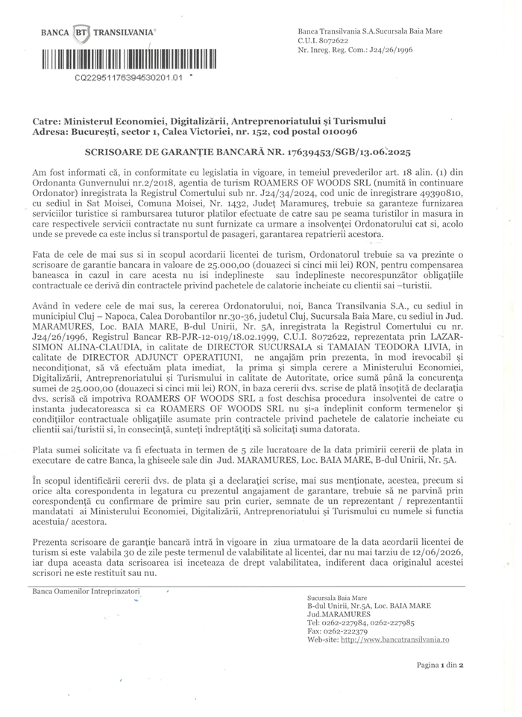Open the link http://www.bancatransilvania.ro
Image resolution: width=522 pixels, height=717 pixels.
coord(395,639)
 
